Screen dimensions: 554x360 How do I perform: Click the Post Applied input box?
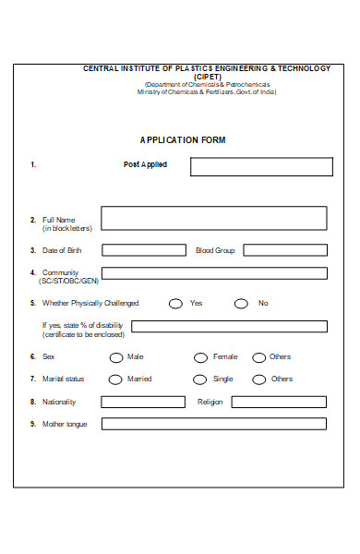261,167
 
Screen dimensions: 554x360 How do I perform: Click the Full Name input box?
213,218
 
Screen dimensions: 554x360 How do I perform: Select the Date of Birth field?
143,250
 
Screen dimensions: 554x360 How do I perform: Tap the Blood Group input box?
285,250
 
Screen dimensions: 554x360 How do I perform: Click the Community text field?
214,273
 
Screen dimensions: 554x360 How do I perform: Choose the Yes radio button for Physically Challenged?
175,303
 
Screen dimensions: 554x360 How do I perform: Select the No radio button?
241,303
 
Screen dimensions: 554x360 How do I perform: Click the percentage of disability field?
229,326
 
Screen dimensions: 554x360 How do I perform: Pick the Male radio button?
115,357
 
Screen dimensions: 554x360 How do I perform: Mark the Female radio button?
200,357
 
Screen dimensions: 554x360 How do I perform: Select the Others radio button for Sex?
259,357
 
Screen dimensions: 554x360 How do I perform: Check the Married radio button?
114,379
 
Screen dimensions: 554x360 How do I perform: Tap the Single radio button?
199,379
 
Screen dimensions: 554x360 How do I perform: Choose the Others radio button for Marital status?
259,379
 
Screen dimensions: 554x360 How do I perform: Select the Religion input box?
279,403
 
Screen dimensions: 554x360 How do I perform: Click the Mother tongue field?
214,425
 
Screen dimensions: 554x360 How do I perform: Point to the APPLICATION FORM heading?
183,140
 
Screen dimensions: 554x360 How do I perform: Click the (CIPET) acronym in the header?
207,77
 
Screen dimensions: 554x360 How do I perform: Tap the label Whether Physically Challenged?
90,303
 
